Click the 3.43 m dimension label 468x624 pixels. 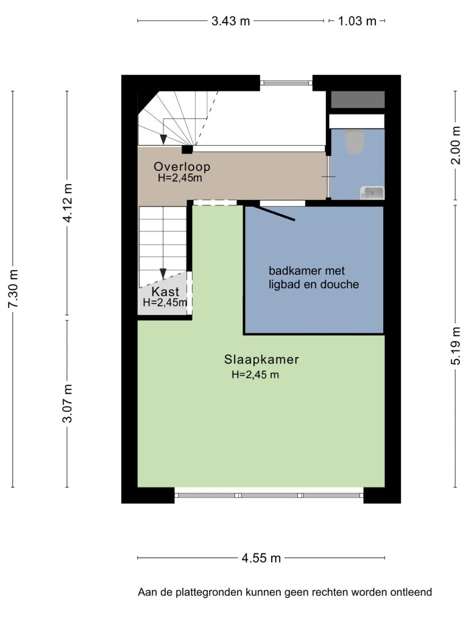tap(230, 21)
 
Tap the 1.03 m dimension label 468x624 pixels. tap(357, 21)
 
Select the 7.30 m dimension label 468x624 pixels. tap(13, 288)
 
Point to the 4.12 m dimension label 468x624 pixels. tap(67, 203)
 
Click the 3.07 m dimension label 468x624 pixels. tap(67, 403)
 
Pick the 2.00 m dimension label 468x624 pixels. tap(456, 145)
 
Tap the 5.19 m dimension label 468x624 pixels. tap(456, 346)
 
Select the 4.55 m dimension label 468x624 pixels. tap(261, 558)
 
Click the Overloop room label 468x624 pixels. tap(182, 166)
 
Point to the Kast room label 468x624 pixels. tap(165, 291)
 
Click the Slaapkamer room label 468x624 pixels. tap(261, 360)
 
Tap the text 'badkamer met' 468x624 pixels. tap(307, 271)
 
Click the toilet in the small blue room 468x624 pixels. tap(355, 142)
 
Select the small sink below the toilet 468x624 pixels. tap(372, 193)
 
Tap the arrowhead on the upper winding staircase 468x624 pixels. tap(163, 140)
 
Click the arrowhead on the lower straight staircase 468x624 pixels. tap(163, 274)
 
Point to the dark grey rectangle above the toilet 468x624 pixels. tap(358, 99)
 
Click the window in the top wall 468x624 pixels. tap(286, 83)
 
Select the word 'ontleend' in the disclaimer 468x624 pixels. tap(411, 592)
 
